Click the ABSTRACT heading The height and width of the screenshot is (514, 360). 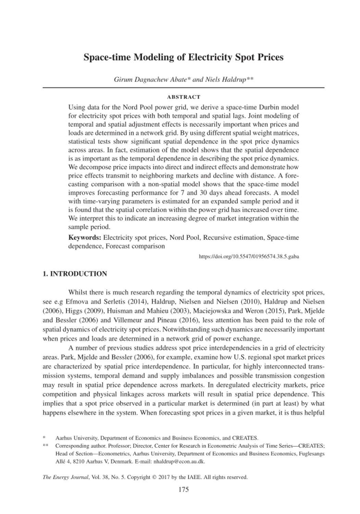184,97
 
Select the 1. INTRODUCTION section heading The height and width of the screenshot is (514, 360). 75,274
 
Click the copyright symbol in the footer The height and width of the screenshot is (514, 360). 154,477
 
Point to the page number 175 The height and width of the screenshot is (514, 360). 184,489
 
